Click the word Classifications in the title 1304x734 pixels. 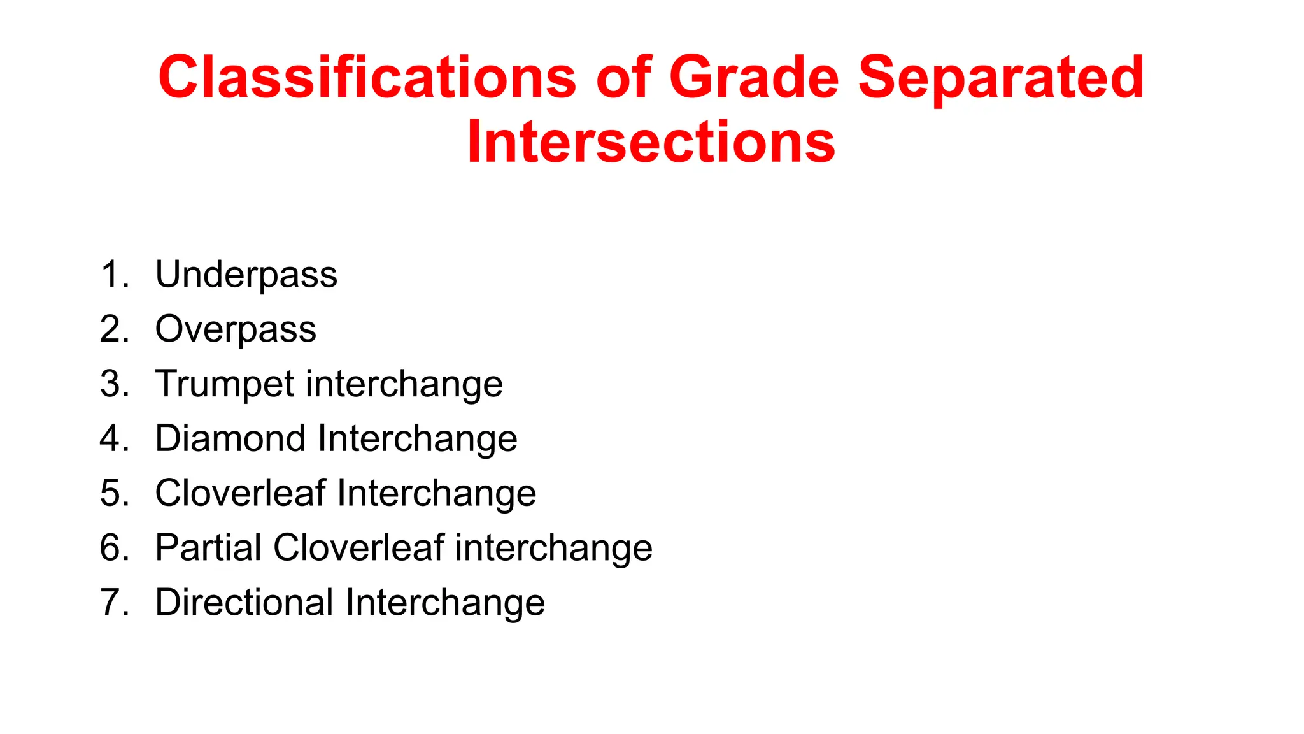(x=367, y=77)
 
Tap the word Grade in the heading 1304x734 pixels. (x=754, y=77)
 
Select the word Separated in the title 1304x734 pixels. (x=1001, y=77)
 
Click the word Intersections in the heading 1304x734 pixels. (x=651, y=142)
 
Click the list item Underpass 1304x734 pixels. (x=246, y=275)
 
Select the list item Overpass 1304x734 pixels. (x=236, y=330)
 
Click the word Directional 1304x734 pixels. (x=244, y=602)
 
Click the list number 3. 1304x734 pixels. (x=113, y=384)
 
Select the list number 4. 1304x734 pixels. (x=113, y=438)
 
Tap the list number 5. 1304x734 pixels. (x=113, y=493)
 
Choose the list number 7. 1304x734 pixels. (x=113, y=602)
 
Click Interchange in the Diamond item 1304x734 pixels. (x=417, y=440)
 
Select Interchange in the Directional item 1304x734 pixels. (x=445, y=603)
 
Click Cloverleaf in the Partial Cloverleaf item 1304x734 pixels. (x=358, y=547)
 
